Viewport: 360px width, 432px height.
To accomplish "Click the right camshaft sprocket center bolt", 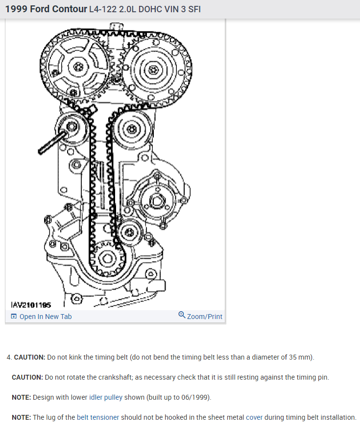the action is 153,69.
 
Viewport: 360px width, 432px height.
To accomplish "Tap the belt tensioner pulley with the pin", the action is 72,128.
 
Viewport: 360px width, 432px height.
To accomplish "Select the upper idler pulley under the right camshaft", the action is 131,129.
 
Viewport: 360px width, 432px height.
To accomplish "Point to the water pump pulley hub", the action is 157,200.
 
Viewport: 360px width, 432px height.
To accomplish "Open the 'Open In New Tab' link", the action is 45,317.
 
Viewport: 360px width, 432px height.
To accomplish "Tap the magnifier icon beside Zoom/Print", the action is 182,316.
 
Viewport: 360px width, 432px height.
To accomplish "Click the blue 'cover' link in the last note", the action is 254,417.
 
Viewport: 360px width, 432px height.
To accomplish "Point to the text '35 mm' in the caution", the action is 300,357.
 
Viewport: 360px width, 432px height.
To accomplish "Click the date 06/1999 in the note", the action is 194,397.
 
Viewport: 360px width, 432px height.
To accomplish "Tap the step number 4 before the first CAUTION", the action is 9,357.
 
